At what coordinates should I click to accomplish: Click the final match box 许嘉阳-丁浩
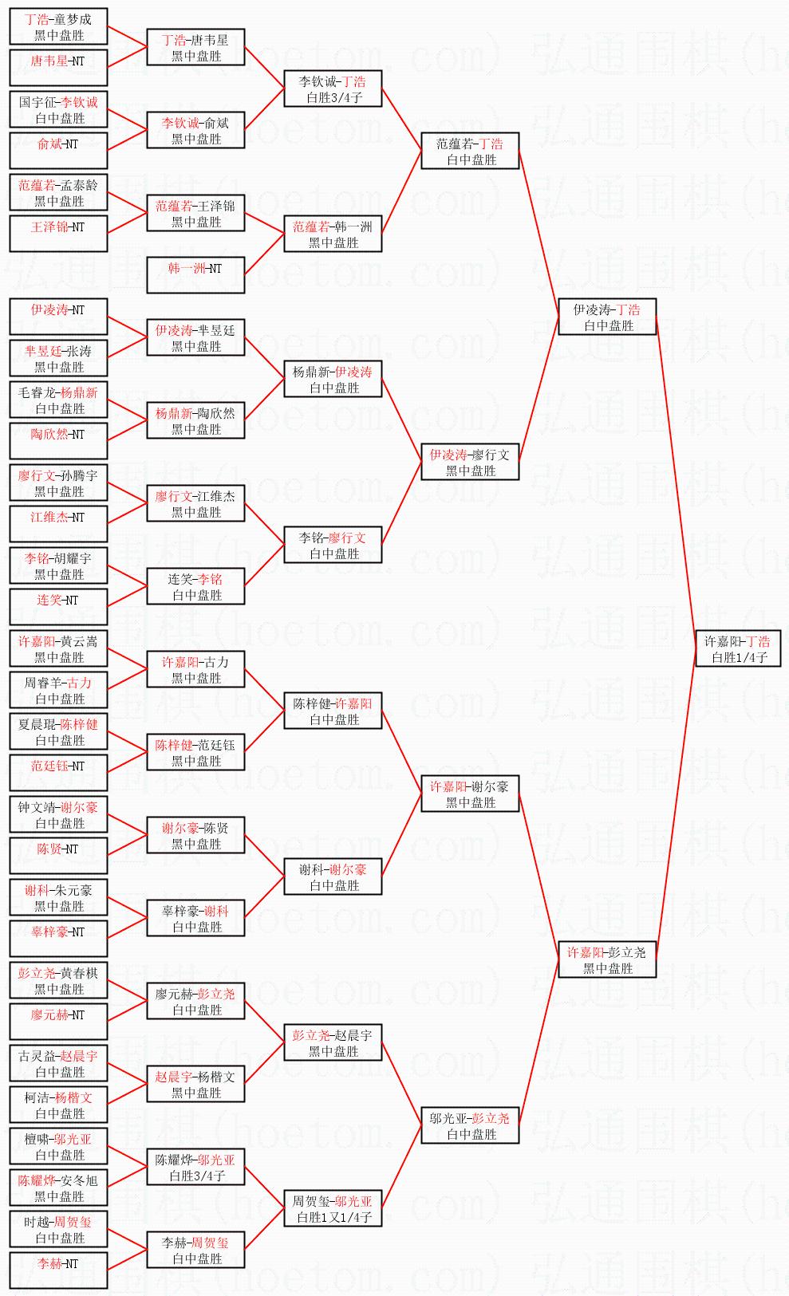(738, 648)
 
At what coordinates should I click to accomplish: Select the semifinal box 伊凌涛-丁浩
(607, 317)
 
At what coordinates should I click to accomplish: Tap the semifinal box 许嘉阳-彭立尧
(607, 959)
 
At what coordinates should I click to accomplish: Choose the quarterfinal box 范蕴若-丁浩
(470, 151)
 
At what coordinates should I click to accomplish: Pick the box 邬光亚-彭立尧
(470, 1125)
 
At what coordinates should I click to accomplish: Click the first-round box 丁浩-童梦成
(58, 26)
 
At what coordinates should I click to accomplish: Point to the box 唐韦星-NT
(58, 68)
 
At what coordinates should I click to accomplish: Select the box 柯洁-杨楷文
(58, 1105)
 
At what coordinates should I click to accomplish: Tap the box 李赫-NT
(58, 1270)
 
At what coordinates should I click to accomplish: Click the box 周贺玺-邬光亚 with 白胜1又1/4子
(333, 1208)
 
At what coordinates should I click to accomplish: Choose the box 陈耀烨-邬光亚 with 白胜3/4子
(195, 1167)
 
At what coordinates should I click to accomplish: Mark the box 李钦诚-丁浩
(333, 89)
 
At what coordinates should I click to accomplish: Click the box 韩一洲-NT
(195, 275)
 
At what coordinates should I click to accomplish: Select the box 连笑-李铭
(195, 586)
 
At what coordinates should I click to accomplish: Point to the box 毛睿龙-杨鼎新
(58, 400)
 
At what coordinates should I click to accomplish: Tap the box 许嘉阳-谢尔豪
(470, 794)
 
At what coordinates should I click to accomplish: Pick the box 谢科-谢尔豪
(333, 876)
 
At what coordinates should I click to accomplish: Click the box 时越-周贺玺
(58, 1229)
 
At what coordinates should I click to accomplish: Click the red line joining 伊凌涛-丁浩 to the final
(677, 483)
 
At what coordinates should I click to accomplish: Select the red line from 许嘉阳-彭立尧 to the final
(677, 804)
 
